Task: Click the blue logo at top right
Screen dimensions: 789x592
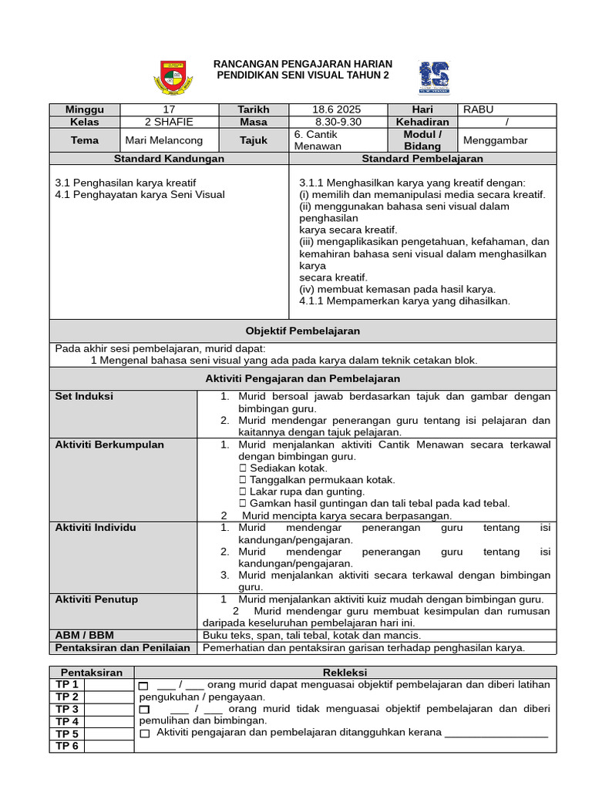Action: [x=434, y=77]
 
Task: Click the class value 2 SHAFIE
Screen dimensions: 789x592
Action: [x=169, y=122]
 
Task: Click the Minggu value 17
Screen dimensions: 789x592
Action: [x=169, y=109]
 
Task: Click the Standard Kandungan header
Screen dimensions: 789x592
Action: [x=169, y=158]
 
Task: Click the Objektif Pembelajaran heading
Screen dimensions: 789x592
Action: [x=302, y=331]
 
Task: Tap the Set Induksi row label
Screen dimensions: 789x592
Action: [x=84, y=396]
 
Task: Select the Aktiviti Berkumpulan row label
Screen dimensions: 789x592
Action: [x=109, y=445]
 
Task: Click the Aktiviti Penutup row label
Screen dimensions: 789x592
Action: [x=96, y=599]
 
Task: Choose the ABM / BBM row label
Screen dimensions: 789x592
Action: [x=84, y=636]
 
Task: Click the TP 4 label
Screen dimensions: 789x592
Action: [x=67, y=721]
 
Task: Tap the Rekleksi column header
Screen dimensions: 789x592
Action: [x=345, y=673]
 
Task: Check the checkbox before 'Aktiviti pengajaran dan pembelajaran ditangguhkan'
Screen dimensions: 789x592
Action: [x=144, y=734]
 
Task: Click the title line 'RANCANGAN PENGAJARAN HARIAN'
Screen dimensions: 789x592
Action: [x=303, y=64]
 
